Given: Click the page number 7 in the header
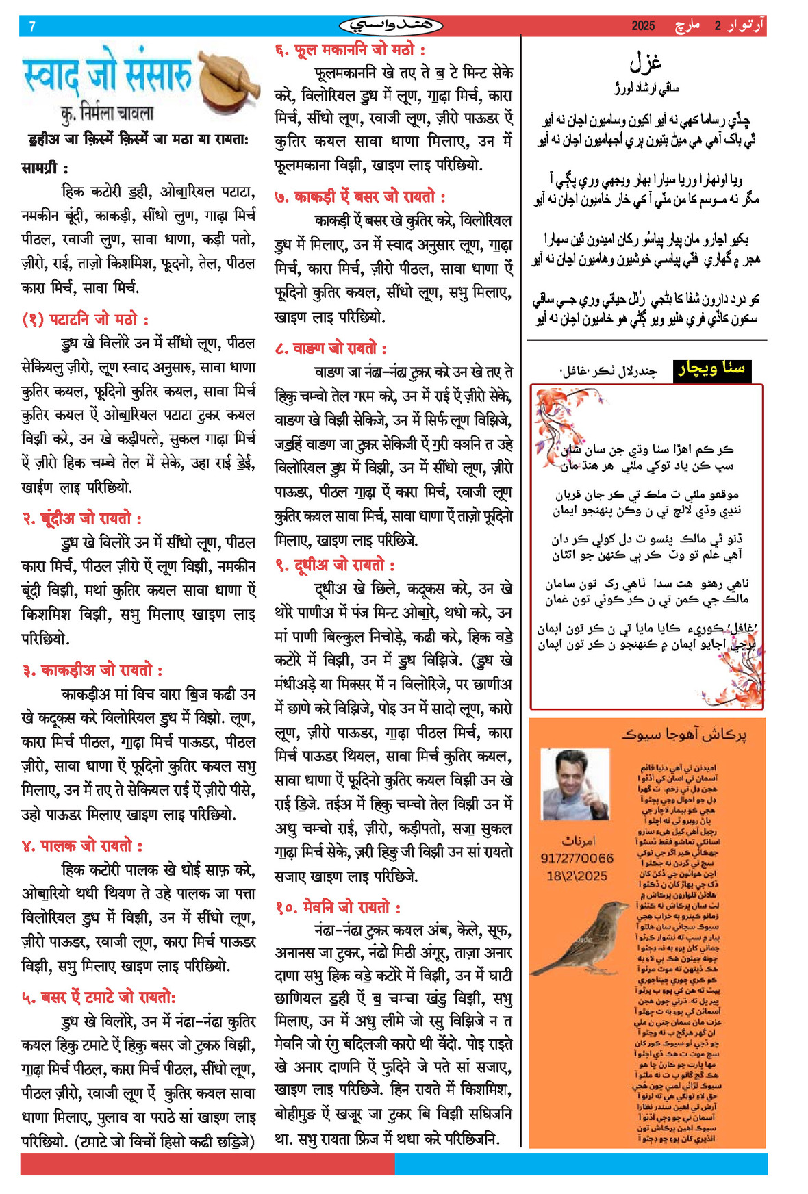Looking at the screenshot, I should [32, 27].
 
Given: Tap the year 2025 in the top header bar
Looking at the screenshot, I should [643, 26].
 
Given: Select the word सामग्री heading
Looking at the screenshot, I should [45, 168].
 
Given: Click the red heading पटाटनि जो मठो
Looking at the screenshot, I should [86, 320].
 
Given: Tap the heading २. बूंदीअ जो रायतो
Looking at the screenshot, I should [82, 518].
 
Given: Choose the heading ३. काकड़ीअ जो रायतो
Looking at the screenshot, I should [92, 670].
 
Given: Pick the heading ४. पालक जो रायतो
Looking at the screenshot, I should [82, 846].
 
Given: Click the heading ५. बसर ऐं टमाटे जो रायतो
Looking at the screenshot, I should [99, 998].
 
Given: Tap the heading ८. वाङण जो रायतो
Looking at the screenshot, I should [331, 348].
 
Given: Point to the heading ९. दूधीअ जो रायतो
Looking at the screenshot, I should [335, 565].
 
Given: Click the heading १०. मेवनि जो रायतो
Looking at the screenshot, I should [338, 907].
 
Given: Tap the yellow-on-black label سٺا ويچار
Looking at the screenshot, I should [711, 370].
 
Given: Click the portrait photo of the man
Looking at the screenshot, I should [575, 784].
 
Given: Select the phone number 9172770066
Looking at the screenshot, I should [577, 859].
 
